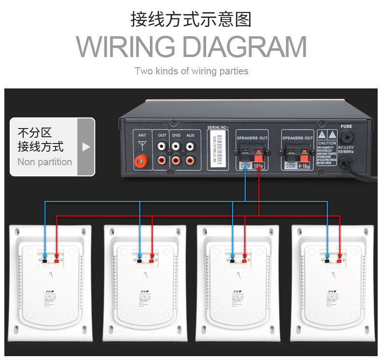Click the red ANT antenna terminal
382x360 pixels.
coord(142,159)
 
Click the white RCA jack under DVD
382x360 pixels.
coord(176,145)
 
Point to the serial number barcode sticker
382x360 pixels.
coord(218,150)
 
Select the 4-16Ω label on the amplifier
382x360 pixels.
coord(304,165)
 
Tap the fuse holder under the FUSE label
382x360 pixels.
coord(347,162)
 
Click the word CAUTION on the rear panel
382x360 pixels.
coord(327,143)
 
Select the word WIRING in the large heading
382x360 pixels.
coord(125,47)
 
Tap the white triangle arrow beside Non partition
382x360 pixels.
coord(86,147)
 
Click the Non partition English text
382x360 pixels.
coord(44,162)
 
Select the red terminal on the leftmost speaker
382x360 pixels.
coord(57,261)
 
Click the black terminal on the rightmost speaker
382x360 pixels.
coord(327,261)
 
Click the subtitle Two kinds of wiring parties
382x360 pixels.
coord(191,71)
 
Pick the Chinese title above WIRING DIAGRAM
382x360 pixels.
coord(191,20)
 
